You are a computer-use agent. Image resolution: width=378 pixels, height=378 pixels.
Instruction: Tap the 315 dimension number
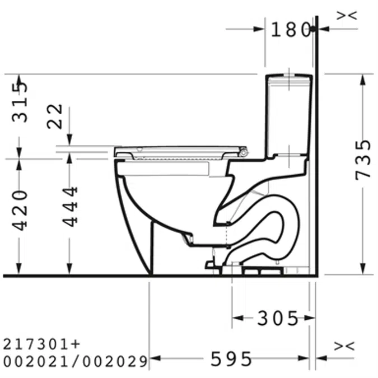[20, 101]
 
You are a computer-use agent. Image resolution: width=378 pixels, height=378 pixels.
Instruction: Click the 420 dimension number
[20, 209]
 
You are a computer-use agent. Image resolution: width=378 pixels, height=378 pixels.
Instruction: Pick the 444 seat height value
[70, 206]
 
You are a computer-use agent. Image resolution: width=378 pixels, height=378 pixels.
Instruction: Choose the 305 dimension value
[277, 318]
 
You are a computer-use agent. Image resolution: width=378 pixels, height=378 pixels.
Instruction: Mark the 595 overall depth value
[231, 359]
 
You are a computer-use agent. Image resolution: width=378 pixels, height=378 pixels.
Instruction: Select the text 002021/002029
[75, 361]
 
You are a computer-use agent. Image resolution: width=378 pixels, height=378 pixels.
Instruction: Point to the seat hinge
[244, 151]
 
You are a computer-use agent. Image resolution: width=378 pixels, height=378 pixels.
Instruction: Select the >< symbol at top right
[346, 16]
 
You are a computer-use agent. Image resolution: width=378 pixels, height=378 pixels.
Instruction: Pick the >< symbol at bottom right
[344, 347]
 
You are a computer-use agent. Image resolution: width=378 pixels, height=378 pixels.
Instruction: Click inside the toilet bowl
[168, 196]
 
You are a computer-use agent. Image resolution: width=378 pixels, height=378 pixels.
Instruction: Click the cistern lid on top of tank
[288, 77]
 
